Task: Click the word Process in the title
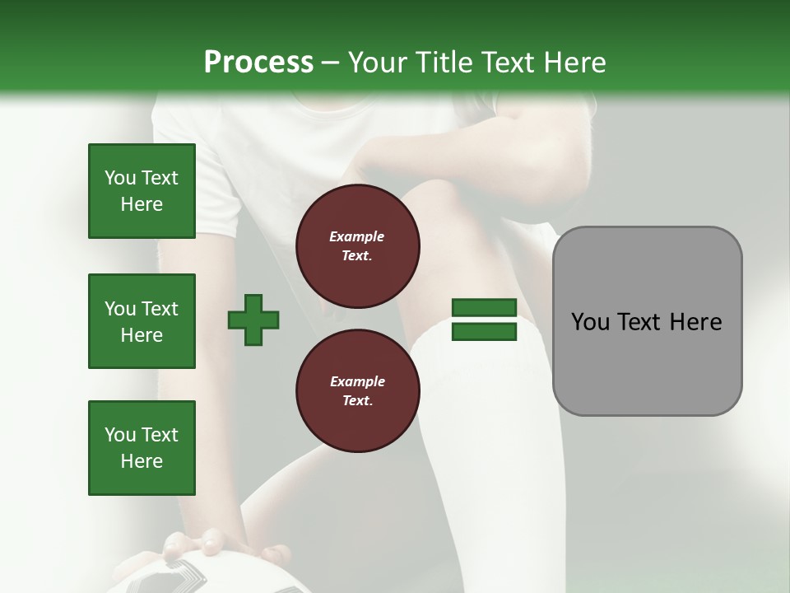(258, 62)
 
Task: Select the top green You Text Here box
(142, 191)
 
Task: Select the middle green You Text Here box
(142, 321)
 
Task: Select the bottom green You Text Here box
(142, 448)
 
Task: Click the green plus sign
(253, 320)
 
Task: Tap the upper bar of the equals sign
(484, 308)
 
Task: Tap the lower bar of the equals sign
(484, 332)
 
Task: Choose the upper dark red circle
(357, 246)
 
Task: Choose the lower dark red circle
(357, 391)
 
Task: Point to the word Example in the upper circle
(356, 236)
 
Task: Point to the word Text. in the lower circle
(356, 401)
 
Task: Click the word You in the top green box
(119, 178)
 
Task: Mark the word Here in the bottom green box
(142, 461)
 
